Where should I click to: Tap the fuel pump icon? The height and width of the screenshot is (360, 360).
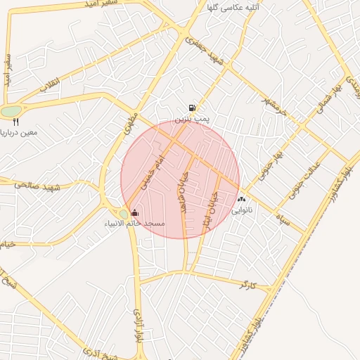(x=191, y=108)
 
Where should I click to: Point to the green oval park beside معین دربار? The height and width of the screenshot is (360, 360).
(x=11, y=111)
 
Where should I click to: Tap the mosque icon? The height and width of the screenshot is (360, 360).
(x=135, y=212)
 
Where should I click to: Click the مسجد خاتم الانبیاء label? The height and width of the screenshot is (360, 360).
(x=135, y=224)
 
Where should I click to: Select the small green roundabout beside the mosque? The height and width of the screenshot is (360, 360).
(x=124, y=213)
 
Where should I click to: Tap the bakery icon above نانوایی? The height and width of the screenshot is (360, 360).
(x=242, y=200)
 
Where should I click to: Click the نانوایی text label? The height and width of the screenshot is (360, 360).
(x=242, y=210)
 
